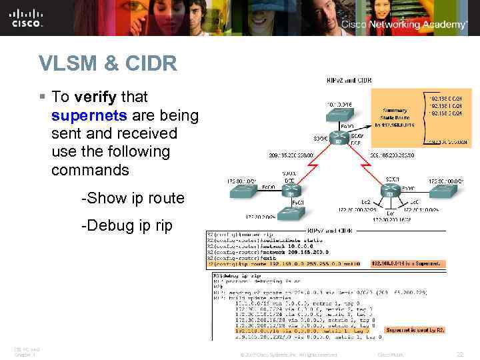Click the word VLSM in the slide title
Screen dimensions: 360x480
point(67,64)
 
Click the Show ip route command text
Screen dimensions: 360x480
point(132,198)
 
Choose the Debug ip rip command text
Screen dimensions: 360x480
point(126,226)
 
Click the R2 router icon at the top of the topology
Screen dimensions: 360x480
point(338,141)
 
